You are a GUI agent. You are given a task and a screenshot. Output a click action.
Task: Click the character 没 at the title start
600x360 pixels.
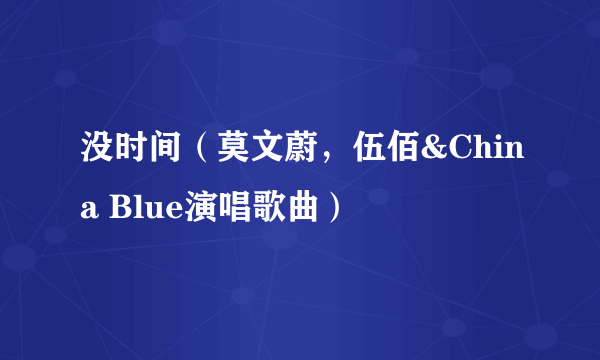[97, 154]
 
